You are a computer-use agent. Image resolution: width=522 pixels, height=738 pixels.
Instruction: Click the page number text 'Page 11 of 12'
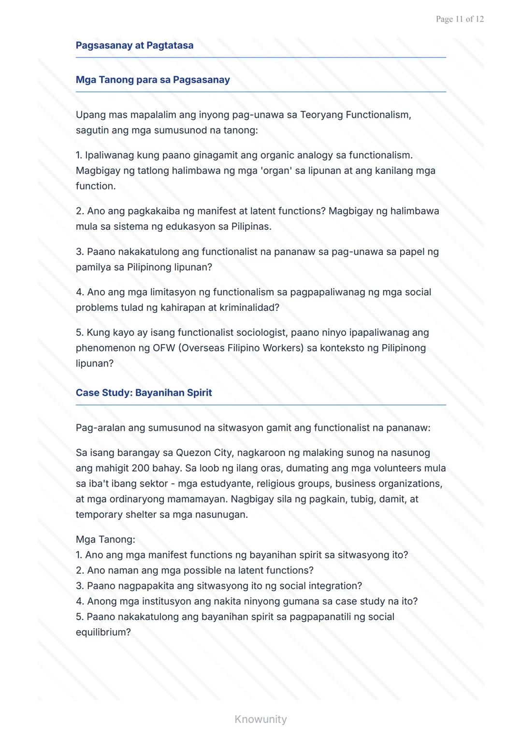coord(459,19)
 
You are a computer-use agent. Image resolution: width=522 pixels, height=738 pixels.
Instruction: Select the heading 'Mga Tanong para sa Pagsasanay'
coord(153,80)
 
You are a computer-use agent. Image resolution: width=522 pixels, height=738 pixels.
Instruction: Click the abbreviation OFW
coord(163,348)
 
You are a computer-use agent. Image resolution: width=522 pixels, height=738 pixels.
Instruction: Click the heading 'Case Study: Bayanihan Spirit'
coord(144,393)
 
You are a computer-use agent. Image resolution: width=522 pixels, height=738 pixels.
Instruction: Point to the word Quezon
coord(192,453)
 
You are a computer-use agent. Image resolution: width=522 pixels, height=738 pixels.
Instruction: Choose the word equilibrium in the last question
coord(103,633)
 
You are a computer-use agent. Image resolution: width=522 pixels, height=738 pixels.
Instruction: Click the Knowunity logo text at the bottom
coord(261,719)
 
